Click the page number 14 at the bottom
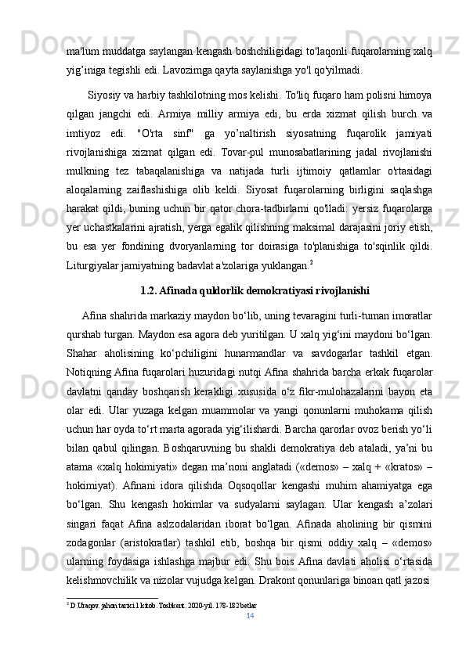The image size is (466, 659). click(x=249, y=617)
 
